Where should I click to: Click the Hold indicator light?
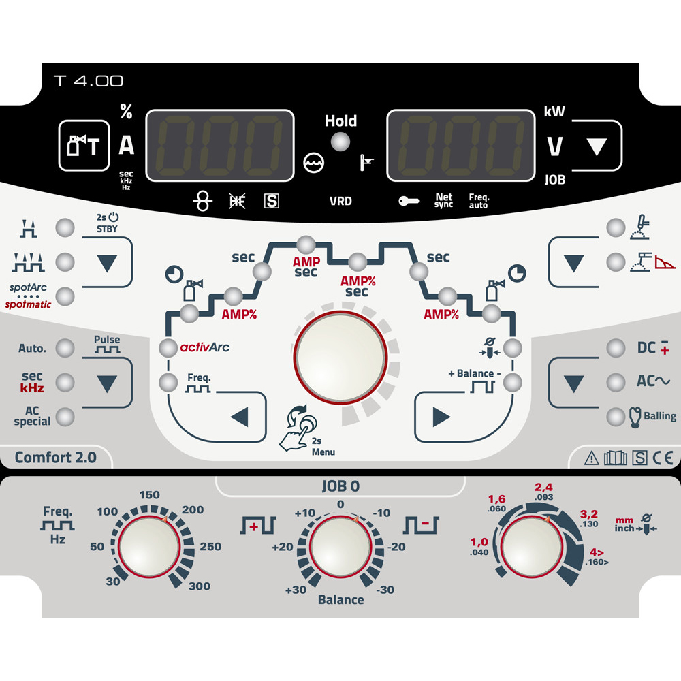pos(340,142)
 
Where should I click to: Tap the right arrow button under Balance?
pos(441,417)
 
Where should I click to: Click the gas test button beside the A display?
pos(84,145)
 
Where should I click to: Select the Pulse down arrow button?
pos(108,383)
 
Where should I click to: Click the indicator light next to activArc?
pos(168,348)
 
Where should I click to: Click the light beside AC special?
pos(65,417)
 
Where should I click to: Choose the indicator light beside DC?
pos(616,348)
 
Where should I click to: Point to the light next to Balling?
pos(616,417)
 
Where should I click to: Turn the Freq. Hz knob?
pos(149,546)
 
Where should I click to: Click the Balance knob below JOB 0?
pos(340,546)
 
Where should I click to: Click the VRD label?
pos(340,201)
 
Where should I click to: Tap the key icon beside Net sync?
pos(409,201)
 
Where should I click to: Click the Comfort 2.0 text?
pos(56,458)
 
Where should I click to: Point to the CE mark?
pos(663,458)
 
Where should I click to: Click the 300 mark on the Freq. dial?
pos(200,586)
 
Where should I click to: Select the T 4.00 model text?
pos(88,81)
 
